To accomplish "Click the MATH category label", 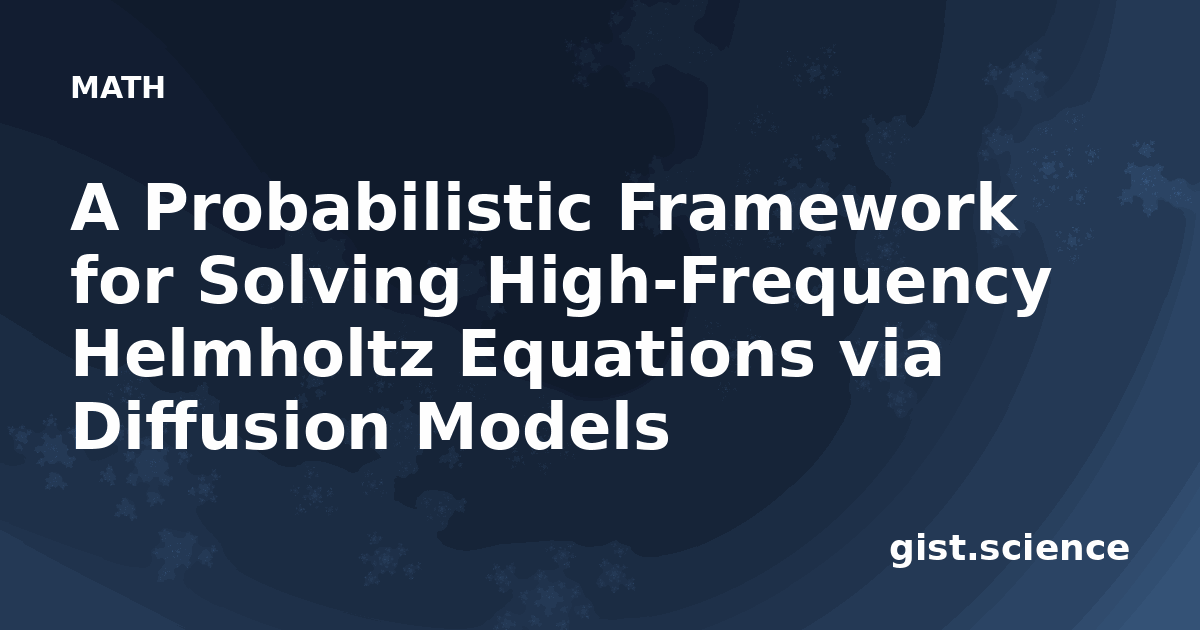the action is click(x=118, y=88).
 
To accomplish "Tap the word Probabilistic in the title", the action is click(x=369, y=207).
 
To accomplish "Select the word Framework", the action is click(x=818, y=207).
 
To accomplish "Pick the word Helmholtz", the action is click(x=252, y=352).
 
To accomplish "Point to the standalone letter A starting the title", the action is click(x=94, y=208).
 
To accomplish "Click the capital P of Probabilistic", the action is click(x=167, y=208).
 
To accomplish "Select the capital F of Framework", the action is click(x=638, y=208).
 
